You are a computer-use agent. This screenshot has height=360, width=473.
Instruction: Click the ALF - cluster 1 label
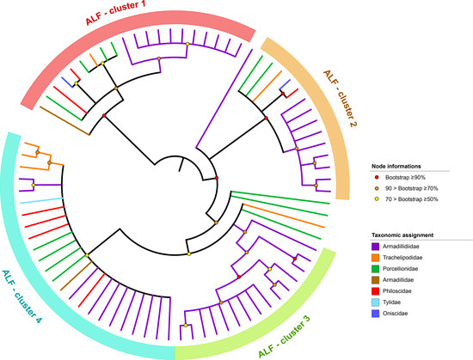(x=116, y=13)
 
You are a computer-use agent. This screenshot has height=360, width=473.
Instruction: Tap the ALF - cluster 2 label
(x=340, y=99)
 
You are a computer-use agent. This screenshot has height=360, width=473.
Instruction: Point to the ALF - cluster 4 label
(x=21, y=296)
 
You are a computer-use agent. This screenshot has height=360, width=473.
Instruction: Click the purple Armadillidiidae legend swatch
(x=376, y=247)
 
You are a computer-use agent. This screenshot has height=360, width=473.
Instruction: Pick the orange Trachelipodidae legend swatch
(x=376, y=258)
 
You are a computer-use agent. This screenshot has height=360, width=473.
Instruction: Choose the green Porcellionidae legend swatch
(x=376, y=269)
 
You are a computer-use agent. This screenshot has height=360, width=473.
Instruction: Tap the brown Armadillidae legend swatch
(x=376, y=280)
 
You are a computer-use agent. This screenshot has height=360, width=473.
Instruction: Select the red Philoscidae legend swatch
(x=376, y=291)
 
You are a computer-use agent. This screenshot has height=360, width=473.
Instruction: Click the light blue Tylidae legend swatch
(x=376, y=302)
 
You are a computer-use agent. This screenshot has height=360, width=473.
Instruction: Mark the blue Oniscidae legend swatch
(x=376, y=314)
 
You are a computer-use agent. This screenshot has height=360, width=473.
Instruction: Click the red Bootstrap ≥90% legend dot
(x=376, y=178)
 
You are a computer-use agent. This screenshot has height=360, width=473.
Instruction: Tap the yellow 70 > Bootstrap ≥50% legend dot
(x=376, y=199)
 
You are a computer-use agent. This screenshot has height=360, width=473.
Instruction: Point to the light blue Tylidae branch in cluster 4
(x=41, y=201)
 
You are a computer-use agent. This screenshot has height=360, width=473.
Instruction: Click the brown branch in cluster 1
(x=64, y=120)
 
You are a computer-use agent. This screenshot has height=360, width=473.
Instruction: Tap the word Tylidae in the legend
(x=391, y=302)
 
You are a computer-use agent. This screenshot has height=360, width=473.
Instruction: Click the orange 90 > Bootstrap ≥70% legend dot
(x=376, y=188)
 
